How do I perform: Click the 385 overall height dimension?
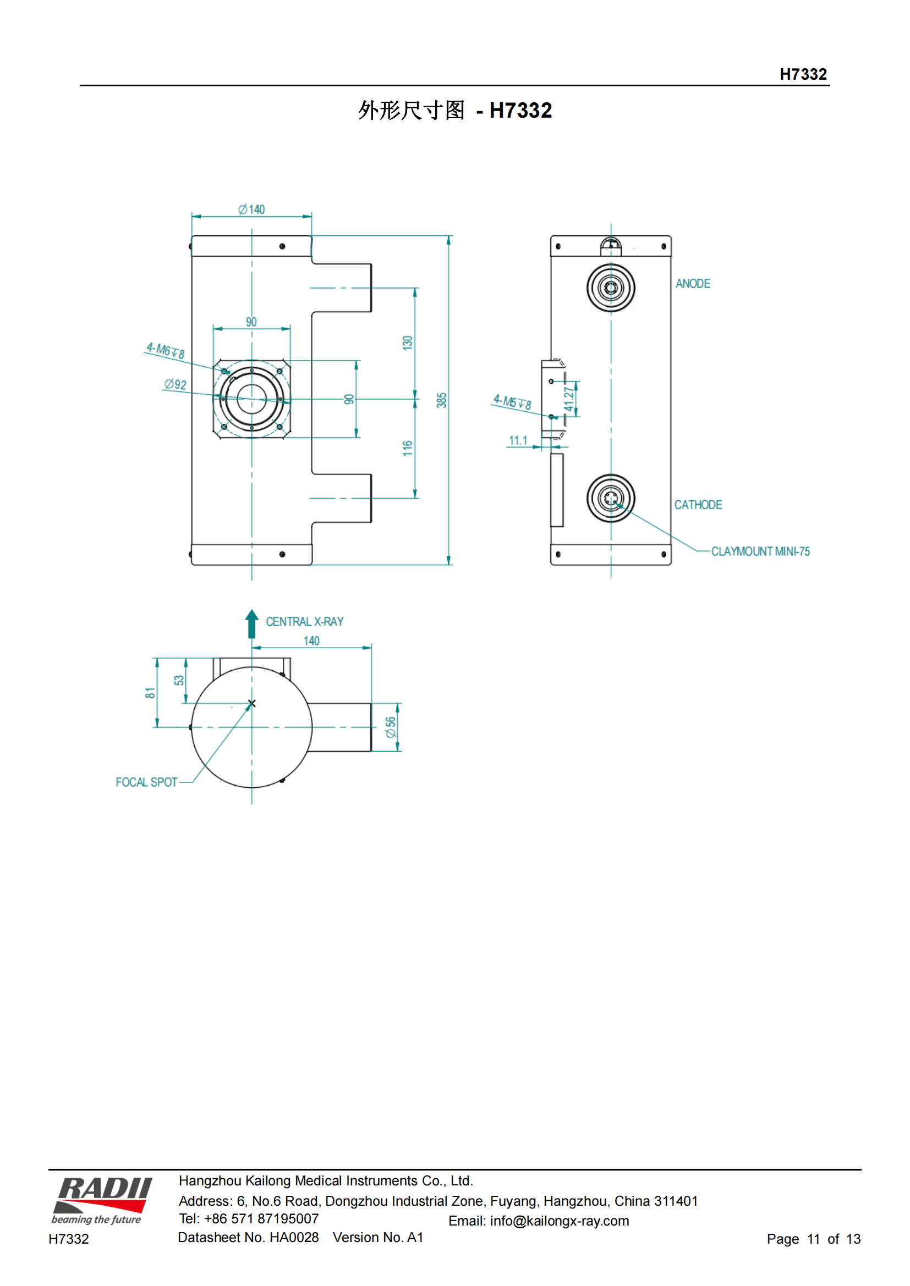coord(442,400)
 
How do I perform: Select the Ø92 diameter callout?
coord(176,384)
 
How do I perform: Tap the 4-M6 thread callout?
coord(166,350)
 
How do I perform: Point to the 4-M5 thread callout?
coord(512,401)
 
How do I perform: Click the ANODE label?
coord(693,283)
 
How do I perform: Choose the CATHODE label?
coord(698,505)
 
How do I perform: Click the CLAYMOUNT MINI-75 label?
coord(760,551)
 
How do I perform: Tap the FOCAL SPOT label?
coord(146,782)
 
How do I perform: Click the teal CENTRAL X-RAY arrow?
coord(251,623)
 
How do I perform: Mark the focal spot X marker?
coord(251,704)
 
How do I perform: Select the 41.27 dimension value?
coord(569,399)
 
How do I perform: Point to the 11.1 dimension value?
coord(518,440)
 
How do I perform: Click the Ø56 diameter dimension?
coord(391,727)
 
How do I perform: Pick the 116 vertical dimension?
coord(407,448)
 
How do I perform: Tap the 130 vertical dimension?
coord(407,342)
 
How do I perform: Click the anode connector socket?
coord(611,288)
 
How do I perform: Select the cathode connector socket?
coord(611,498)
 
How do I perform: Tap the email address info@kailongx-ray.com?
coord(559,1221)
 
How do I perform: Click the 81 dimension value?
coord(150,693)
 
